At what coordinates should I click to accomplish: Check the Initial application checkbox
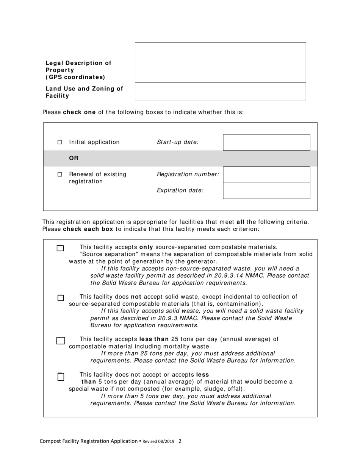coord(59,142)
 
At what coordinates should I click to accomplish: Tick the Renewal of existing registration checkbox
coord(59,175)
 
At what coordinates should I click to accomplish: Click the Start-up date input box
coord(266,142)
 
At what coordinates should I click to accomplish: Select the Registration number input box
coord(266,175)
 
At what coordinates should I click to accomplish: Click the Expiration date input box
coord(266,191)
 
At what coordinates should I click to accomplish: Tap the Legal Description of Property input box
coord(220,63)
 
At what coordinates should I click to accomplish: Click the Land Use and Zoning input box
coord(220,92)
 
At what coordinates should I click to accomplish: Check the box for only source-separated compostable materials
coord(60,248)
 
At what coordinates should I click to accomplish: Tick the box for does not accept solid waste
coord(61,298)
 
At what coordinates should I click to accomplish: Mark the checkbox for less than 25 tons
coord(61,341)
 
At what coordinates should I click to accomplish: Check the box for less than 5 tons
coord(61,377)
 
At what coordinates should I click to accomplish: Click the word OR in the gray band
coord(74,158)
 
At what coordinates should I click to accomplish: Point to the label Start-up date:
coord(178,142)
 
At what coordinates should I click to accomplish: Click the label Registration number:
coord(188,175)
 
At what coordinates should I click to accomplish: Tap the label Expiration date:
coord(180,191)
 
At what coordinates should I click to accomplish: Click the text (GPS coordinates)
coord(75,77)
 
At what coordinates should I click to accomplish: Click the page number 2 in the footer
coord(180,441)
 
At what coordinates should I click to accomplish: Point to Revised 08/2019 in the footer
coord(158,441)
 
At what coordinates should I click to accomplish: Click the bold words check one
coord(79,112)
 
